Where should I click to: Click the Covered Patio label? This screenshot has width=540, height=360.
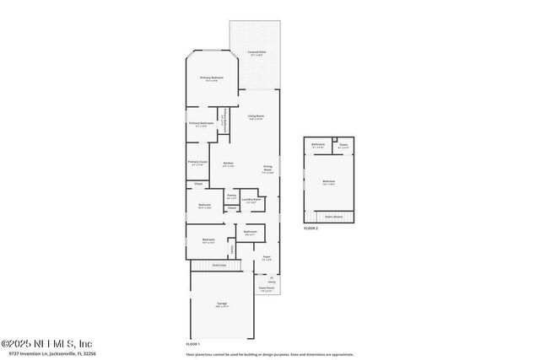click(256, 52)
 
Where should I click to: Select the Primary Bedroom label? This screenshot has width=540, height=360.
click(210, 78)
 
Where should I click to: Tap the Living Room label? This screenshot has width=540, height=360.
click(256, 116)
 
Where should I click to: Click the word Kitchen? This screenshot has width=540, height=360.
click(228, 163)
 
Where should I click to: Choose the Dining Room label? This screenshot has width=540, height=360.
click(267, 169)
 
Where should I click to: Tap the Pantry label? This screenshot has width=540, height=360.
click(231, 196)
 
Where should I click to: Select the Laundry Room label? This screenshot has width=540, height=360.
click(251, 199)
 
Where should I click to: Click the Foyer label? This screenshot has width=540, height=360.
click(267, 256)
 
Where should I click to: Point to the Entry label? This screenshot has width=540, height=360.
click(272, 282)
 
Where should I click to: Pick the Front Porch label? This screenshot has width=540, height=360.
click(267, 288)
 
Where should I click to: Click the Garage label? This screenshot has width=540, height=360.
click(222, 304)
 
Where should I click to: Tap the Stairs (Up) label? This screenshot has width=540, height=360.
click(219, 265)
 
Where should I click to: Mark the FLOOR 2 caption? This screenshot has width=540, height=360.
click(311, 228)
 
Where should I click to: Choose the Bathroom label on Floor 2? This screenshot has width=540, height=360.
click(318, 144)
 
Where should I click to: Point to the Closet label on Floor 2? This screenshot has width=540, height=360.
click(343, 144)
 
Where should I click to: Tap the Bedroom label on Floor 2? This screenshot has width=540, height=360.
click(329, 181)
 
